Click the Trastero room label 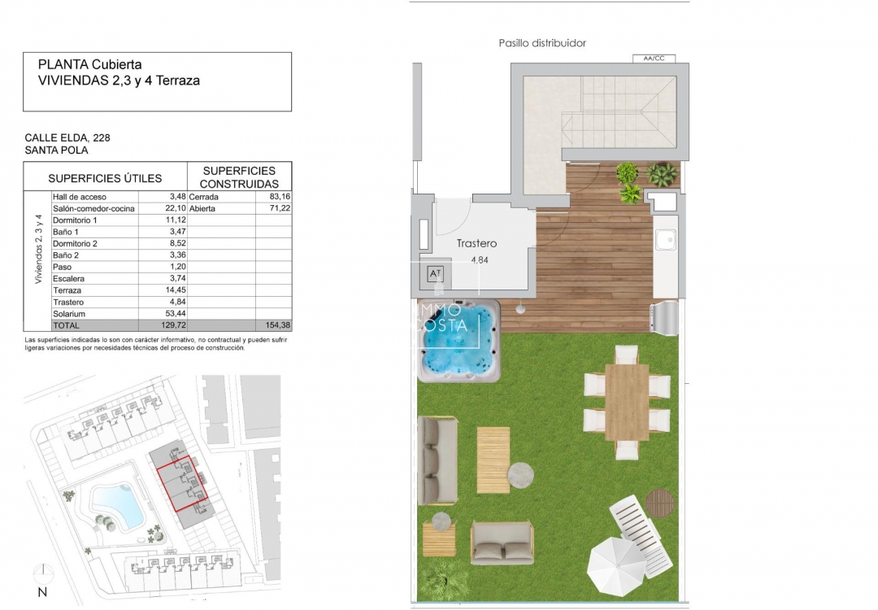click(476, 243)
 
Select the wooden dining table click(627, 402)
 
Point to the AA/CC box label click(653, 59)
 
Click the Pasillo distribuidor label click(542, 43)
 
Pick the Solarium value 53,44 click(172, 313)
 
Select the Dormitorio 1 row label click(75, 220)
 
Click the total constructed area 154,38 click(272, 325)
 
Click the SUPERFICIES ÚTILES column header click(105, 178)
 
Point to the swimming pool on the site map click(115, 504)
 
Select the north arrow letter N click(42, 592)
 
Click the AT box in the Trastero click(436, 274)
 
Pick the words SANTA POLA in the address click(56, 150)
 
